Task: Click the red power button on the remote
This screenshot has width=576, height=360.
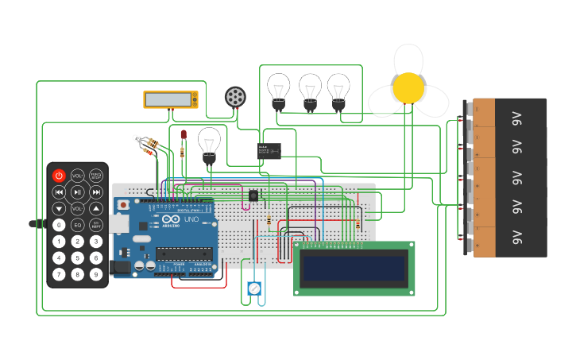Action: pyautogui.click(x=59, y=176)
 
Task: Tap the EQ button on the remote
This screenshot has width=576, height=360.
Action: pyautogui.click(x=77, y=225)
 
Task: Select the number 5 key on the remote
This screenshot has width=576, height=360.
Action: pyautogui.click(x=77, y=258)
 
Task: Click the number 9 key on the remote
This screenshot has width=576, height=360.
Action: pyautogui.click(x=96, y=275)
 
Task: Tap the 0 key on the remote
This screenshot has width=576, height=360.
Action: pyautogui.click(x=59, y=225)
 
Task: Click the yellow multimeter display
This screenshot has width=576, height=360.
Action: pyautogui.click(x=170, y=99)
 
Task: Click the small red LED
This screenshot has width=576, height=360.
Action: pyautogui.click(x=184, y=135)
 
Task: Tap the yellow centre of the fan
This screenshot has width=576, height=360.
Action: pyautogui.click(x=408, y=88)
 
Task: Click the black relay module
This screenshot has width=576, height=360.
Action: pyautogui.click(x=269, y=150)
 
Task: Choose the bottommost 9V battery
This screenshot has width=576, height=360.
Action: pyautogui.click(x=508, y=238)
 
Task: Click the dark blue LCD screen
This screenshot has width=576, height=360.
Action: pyautogui.click(x=354, y=268)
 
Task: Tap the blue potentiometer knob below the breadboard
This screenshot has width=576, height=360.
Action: pyautogui.click(x=253, y=288)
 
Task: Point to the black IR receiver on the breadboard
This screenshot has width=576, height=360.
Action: pyautogui.click(x=253, y=195)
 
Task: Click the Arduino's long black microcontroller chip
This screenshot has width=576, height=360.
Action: pyautogui.click(x=184, y=254)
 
